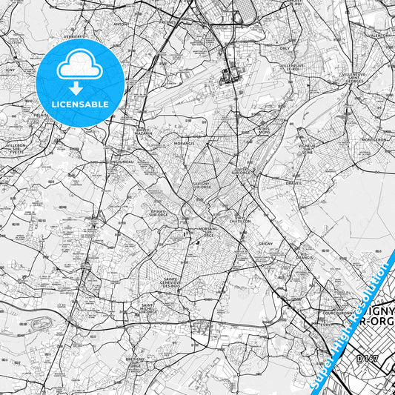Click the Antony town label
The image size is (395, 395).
click(122, 24)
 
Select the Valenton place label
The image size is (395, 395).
click(377, 35)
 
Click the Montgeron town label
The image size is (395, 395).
click(374, 139)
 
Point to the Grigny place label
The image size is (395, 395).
click(267, 243)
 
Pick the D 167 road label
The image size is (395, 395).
click(365, 359)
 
